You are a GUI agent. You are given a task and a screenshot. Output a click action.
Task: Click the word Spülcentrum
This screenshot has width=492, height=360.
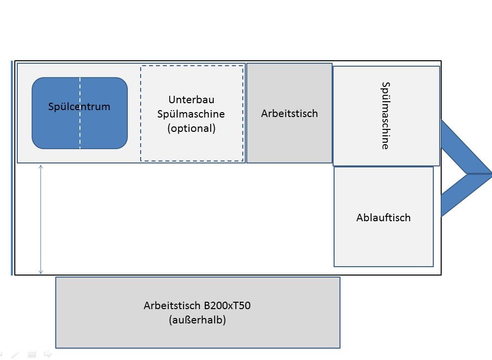(x=79, y=107)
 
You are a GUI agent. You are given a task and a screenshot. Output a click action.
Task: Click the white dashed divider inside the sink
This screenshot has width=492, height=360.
(x=80, y=113)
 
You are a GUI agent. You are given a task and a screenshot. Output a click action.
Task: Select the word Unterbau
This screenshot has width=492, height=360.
(x=191, y=99)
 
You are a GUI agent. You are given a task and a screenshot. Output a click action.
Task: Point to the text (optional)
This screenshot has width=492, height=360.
(x=191, y=128)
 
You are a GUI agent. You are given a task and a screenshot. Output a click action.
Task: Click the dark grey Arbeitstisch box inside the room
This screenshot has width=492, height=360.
(x=289, y=138)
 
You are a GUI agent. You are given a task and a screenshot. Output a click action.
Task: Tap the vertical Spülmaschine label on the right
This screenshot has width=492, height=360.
(x=385, y=116)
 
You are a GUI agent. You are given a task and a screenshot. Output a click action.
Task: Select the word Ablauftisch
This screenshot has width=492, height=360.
(x=383, y=217)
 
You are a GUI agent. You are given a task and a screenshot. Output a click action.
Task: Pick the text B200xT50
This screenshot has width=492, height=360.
(x=227, y=305)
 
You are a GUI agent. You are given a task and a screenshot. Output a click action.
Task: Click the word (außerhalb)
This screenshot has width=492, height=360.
(x=197, y=320)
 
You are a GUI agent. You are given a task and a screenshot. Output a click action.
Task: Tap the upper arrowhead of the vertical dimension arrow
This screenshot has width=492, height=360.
(x=41, y=167)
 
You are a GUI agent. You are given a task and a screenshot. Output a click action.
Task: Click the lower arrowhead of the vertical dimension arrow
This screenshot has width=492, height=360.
(x=41, y=272)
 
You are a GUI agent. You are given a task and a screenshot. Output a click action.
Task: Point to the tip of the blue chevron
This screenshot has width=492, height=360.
(x=491, y=173)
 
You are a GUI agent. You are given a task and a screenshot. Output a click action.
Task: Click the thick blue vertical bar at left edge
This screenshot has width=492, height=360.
(x=12, y=168)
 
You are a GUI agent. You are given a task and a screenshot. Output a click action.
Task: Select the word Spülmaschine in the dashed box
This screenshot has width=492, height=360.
(x=191, y=114)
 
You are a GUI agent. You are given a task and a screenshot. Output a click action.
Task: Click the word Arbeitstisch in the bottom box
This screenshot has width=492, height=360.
(x=172, y=305)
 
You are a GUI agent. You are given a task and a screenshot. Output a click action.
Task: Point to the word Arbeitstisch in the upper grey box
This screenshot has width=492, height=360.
(x=289, y=113)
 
